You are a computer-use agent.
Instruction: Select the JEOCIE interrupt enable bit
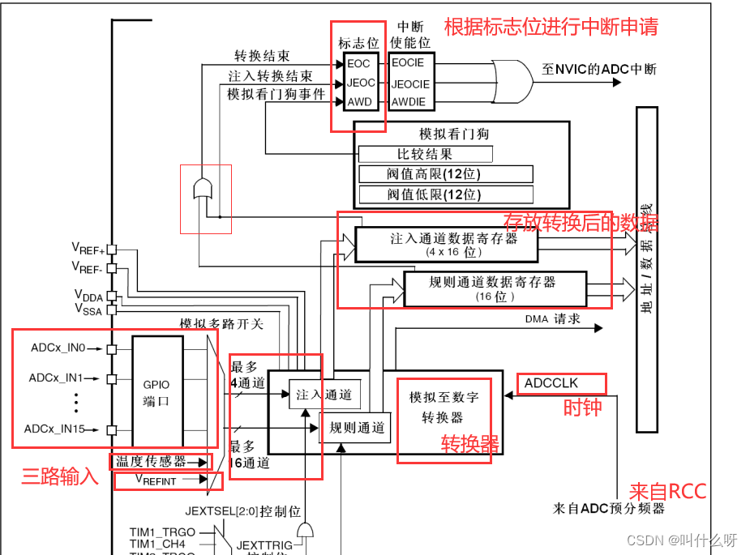409,83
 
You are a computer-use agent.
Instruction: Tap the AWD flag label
358,102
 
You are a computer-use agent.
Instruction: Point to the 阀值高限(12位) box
445,174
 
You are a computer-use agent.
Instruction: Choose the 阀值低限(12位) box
445,194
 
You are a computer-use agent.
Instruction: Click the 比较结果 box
425,154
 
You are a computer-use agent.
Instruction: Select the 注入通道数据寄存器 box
446,245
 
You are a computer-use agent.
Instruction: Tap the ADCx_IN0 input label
58,348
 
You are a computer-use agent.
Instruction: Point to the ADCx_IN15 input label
55,429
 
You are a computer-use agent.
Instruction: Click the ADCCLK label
552,382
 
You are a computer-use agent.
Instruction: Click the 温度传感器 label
151,461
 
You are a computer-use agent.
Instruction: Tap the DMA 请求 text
552,319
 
